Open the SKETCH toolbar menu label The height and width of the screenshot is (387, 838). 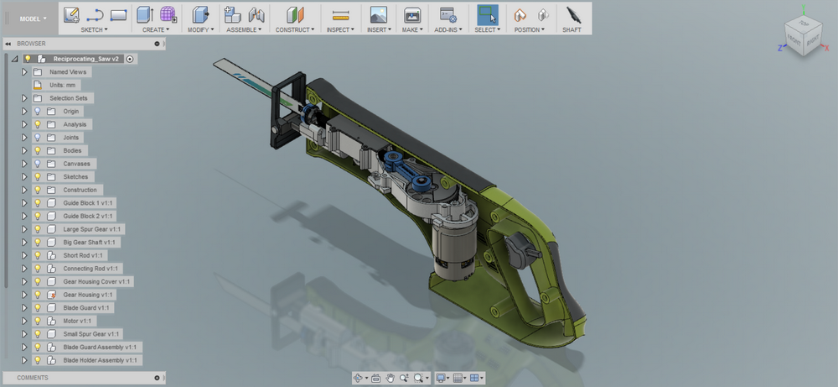tap(92, 29)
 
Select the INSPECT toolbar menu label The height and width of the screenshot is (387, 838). tap(339, 29)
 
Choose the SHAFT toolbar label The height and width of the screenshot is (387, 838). tap(572, 29)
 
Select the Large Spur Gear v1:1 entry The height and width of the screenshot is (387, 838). tap(92, 229)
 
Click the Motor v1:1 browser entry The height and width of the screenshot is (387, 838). tap(77, 321)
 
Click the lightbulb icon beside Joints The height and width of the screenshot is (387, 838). tap(37, 138)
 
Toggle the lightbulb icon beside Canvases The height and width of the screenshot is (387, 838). tap(37, 164)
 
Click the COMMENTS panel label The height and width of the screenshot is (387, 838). tap(33, 378)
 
